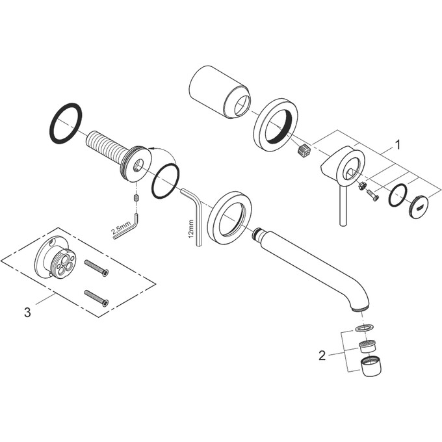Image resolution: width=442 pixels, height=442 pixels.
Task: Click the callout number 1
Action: pyautogui.click(x=397, y=145)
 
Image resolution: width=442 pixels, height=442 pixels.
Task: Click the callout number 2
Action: pyautogui.click(x=322, y=356)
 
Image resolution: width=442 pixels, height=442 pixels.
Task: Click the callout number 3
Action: pyautogui.click(x=27, y=313)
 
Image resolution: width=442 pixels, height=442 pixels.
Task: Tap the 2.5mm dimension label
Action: pyautogui.click(x=121, y=227)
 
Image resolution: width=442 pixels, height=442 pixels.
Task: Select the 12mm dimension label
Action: pyautogui.click(x=192, y=229)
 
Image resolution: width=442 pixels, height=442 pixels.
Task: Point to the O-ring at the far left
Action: pyautogui.click(x=66, y=123)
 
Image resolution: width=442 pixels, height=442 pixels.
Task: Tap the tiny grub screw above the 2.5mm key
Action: pyautogui.click(x=136, y=198)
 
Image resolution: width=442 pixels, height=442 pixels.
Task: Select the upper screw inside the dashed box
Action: pyautogui.click(x=96, y=268)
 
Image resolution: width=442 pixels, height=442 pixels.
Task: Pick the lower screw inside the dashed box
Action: pyautogui.click(x=96, y=298)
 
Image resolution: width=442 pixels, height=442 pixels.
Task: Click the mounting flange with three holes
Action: pyautogui.click(x=56, y=257)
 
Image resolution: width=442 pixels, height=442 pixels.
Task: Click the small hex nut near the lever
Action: pyautogui.click(x=362, y=185)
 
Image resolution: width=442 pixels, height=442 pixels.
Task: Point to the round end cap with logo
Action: pyautogui.click(x=419, y=209)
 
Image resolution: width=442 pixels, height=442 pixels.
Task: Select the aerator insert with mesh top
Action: pyautogui.click(x=367, y=346)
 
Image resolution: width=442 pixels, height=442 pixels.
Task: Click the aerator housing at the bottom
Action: pyautogui.click(x=372, y=366)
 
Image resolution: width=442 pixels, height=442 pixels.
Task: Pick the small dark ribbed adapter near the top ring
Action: pyautogui.click(x=304, y=149)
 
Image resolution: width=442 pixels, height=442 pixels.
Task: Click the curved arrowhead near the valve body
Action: pyautogui.click(x=151, y=148)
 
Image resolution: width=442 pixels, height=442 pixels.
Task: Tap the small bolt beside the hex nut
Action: pyautogui.click(x=372, y=196)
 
